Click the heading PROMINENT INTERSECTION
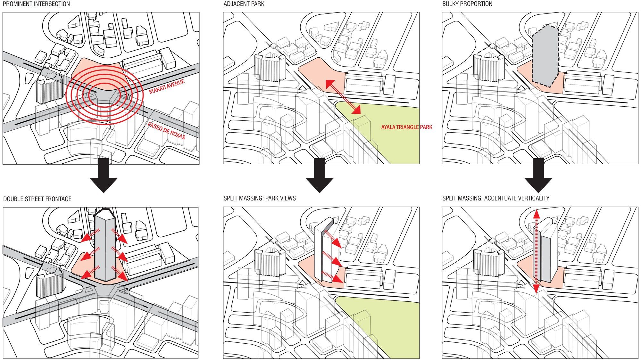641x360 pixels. tap(36, 4)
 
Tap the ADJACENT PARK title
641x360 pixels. tap(244, 4)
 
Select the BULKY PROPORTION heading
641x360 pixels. tap(467, 4)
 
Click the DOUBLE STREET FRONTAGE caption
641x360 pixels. tap(37, 199)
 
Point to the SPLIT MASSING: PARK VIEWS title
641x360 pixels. tap(260, 198)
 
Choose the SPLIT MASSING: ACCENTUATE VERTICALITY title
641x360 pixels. tap(496, 198)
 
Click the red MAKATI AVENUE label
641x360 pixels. tap(167, 86)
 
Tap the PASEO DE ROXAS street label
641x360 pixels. tap(166, 131)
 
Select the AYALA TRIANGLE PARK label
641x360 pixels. tap(407, 127)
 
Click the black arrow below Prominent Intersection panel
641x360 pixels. tap(104, 176)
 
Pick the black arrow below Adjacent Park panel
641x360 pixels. tap(320, 176)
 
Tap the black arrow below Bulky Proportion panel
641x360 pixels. tap(538, 176)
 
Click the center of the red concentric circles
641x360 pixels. tap(104, 95)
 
